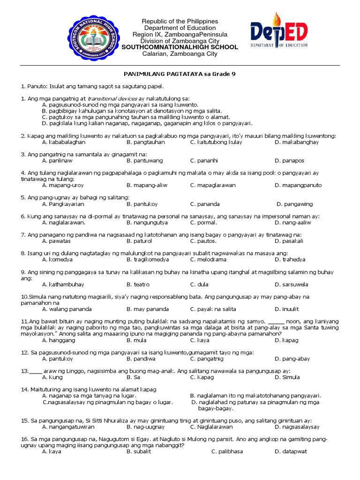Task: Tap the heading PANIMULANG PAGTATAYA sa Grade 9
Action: click(180, 74)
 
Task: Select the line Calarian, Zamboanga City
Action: click(180, 54)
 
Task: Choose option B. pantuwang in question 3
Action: click(143, 160)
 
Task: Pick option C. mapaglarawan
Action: click(213, 185)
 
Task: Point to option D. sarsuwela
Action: click(292, 284)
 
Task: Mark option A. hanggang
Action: click(58, 340)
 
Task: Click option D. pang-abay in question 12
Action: click(292, 359)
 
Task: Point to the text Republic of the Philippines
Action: click(180, 22)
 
